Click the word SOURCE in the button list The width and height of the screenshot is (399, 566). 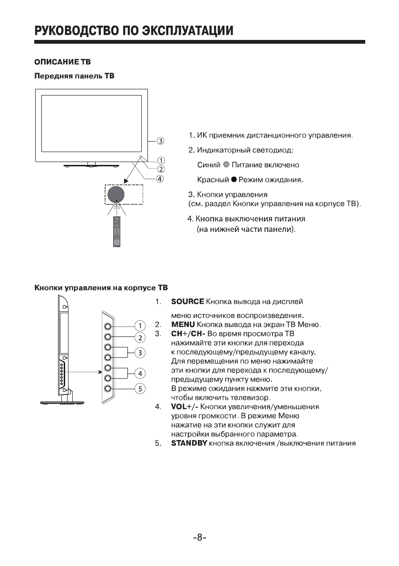[x=187, y=302]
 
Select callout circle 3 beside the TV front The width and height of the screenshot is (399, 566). [x=161, y=141]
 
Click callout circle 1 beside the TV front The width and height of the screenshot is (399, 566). [x=161, y=160]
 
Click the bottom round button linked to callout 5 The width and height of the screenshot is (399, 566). [x=108, y=389]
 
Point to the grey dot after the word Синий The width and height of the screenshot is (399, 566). [x=226, y=165]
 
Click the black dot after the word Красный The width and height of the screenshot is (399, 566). [x=234, y=180]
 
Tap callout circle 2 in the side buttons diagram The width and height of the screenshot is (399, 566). [x=140, y=338]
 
